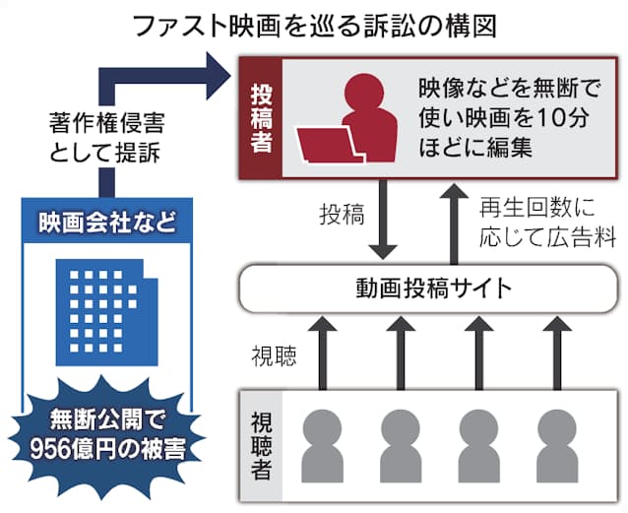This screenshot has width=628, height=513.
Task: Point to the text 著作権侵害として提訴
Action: click(x=105, y=139)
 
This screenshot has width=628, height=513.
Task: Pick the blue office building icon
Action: click(x=107, y=306)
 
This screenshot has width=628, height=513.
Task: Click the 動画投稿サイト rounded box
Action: click(x=433, y=289)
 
